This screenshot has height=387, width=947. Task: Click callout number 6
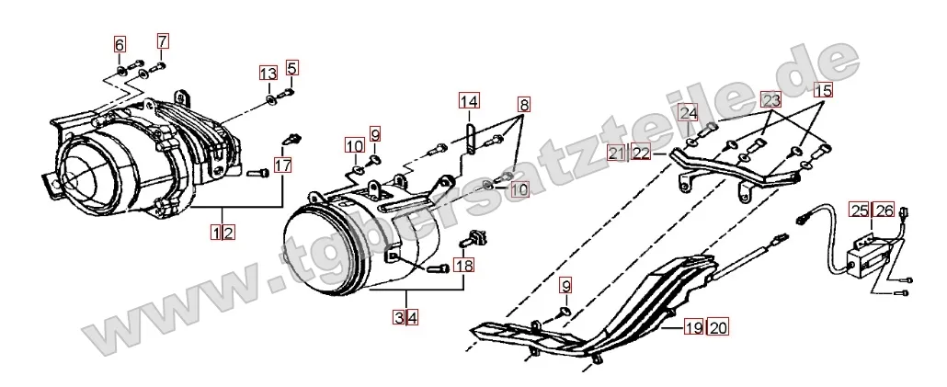[120, 42]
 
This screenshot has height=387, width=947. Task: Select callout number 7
[163, 40]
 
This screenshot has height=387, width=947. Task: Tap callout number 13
[268, 74]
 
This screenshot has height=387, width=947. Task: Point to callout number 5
[292, 67]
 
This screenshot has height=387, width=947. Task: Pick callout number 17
[282, 166]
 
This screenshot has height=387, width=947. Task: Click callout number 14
[469, 101]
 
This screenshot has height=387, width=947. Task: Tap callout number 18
[464, 266]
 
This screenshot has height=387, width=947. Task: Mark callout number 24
[689, 113]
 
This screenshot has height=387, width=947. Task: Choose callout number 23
[770, 99]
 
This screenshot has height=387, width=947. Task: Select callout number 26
[884, 211]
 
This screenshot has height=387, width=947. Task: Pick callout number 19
[692, 325]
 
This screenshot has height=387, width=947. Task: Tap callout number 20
[717, 325]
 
